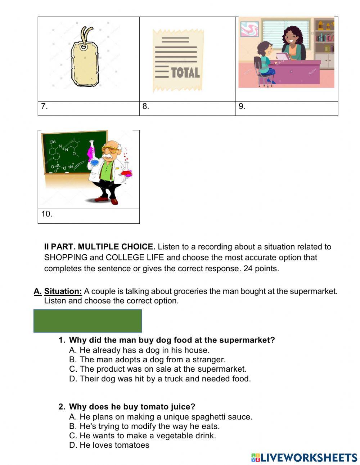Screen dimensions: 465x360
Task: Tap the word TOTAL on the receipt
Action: click(x=185, y=73)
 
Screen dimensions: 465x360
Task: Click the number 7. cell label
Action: click(x=44, y=106)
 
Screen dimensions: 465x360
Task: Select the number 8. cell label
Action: click(x=145, y=106)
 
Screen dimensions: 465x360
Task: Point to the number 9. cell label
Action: click(x=242, y=106)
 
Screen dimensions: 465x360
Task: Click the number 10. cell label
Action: click(x=47, y=214)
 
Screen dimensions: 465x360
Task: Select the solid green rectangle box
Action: click(x=87, y=321)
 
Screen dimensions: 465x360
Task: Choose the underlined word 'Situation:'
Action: click(x=63, y=291)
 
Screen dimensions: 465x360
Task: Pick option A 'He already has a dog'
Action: click(x=139, y=350)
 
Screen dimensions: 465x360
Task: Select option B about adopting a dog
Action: click(x=147, y=359)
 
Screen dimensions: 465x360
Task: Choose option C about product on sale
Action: click(x=158, y=369)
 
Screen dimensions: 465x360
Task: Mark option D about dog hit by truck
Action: click(x=160, y=379)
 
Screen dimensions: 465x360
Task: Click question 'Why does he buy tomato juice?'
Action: click(x=132, y=407)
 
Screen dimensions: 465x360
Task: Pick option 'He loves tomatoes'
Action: click(x=109, y=445)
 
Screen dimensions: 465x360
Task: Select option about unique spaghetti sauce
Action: click(x=161, y=417)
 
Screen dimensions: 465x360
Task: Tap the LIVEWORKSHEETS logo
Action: click(x=304, y=457)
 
